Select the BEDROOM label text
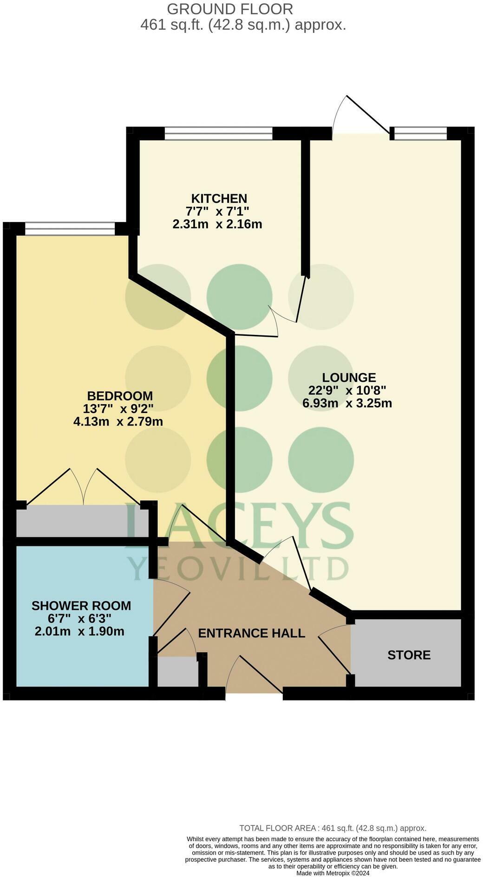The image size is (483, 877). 120,396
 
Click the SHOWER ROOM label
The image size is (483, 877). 81,606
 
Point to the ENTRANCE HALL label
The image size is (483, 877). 251,633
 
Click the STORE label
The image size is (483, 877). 409,655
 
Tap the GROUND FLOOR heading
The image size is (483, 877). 230,9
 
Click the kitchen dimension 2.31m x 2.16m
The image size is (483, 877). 217,224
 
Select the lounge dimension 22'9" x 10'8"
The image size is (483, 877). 347,390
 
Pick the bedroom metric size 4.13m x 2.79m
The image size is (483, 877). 118,422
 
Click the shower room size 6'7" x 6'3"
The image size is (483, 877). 79,619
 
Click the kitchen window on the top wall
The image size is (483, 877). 218,134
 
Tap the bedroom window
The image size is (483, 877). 70,229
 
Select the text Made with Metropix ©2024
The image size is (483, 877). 333,873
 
